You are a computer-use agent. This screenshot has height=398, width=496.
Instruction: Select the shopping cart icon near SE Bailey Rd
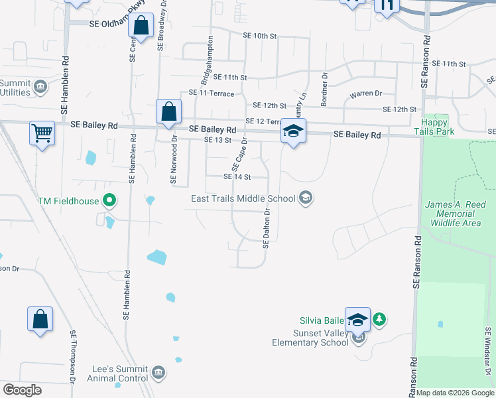point(42,133)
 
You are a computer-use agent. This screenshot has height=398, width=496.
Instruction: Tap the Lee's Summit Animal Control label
point(119,374)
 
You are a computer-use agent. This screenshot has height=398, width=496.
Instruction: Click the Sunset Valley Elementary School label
point(310,338)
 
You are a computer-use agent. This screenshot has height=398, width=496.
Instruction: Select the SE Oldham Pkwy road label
point(117,23)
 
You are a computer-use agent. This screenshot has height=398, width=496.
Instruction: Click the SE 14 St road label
point(237,177)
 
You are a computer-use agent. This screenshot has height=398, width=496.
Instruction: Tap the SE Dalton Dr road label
point(267,229)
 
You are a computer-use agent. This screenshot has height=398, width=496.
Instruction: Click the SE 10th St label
point(259,36)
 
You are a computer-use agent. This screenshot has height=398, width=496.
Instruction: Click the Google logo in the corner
point(22,390)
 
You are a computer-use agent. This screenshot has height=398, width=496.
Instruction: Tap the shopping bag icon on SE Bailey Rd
point(169,111)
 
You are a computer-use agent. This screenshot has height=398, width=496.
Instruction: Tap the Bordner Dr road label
point(325,89)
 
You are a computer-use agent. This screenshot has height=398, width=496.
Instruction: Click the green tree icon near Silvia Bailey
point(379,320)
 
